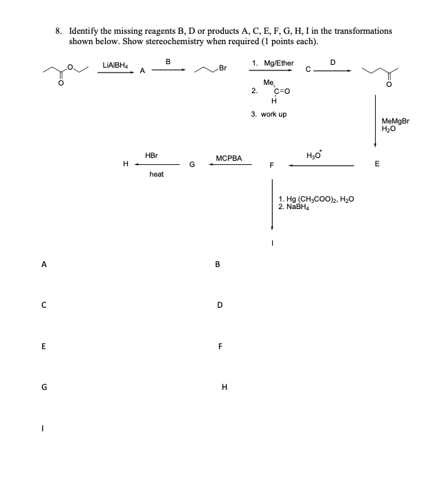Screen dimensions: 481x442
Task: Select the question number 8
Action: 58,31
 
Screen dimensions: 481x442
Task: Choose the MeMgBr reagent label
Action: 395,121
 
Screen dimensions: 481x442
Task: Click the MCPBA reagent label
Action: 229,158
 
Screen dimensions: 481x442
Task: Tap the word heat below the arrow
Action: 157,175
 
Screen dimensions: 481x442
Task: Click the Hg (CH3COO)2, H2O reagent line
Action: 315,199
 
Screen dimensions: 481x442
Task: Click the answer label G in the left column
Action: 44,386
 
